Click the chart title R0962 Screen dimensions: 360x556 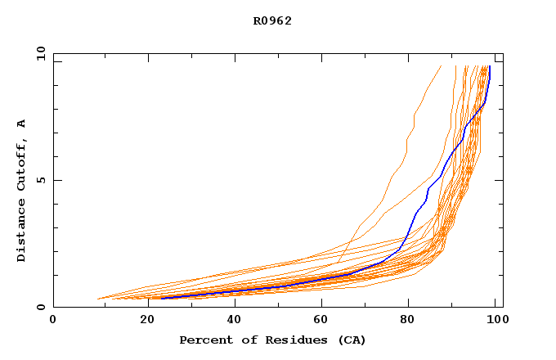click(272, 21)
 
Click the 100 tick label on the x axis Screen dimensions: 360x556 click(496, 321)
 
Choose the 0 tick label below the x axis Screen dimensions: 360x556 click(53, 321)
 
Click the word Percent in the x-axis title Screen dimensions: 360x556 click(202, 340)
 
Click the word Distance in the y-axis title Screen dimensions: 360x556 click(21, 231)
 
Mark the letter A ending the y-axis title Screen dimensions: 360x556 click(21, 124)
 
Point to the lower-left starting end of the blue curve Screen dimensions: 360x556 click(163, 298)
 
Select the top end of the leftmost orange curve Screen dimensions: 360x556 click(441, 66)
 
